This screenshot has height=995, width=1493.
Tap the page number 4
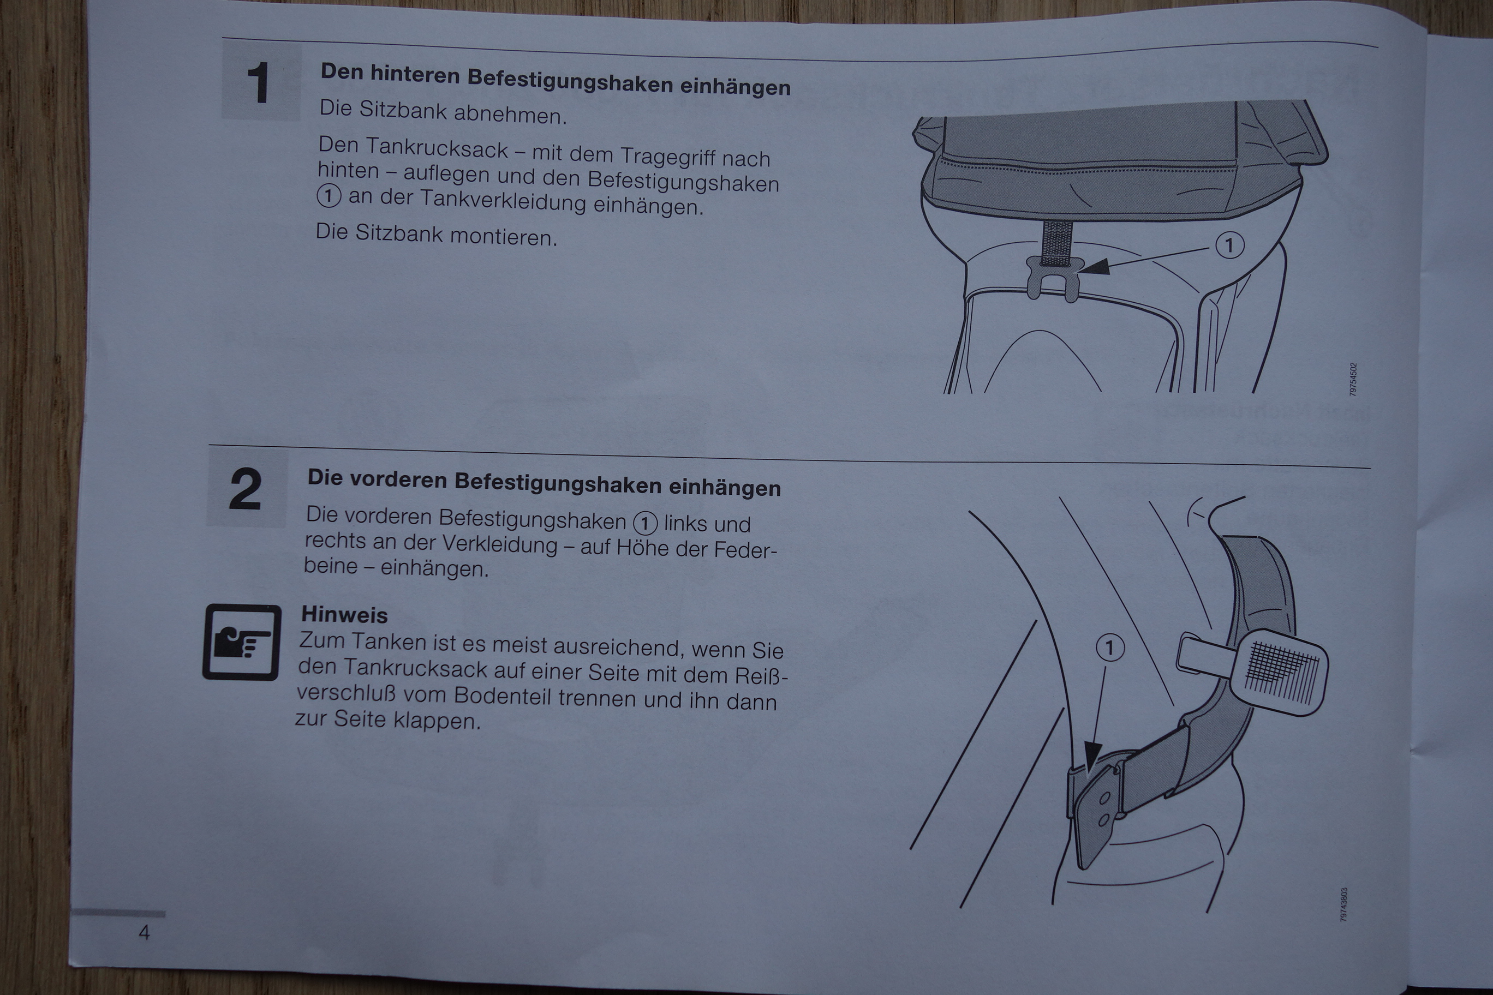click(x=144, y=932)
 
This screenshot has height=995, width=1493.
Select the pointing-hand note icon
click(x=241, y=642)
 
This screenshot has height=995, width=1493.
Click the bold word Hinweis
click(x=344, y=614)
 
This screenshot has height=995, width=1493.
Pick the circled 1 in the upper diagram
click(x=1229, y=245)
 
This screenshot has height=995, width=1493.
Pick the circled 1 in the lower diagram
click(x=1109, y=648)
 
